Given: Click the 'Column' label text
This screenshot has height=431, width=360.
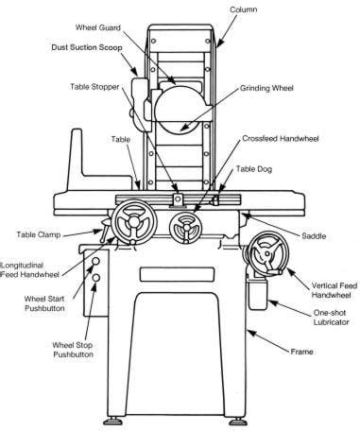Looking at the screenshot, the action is pos(243,9).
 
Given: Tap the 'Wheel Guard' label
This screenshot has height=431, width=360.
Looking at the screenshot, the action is pos(97,27).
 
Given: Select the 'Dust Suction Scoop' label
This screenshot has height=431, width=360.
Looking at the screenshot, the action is pos(87,47).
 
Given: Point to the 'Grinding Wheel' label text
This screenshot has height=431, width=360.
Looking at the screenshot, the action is pos(266,88).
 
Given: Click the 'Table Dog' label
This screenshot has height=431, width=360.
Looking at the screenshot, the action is pos(254,169).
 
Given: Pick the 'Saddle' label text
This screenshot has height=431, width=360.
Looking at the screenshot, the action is pos(314,235).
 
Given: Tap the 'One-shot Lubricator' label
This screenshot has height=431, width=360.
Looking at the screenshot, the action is pos(331,318).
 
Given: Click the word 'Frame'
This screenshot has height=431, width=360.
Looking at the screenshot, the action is pos(301,352).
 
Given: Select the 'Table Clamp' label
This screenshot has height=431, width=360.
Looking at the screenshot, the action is pos(39,234).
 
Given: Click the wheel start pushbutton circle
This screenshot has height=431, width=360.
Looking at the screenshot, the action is pos(95,261).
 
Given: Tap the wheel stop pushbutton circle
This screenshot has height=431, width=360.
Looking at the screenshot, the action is pos(95,278).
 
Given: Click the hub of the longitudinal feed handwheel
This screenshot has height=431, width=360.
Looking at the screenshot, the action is pos(134,222).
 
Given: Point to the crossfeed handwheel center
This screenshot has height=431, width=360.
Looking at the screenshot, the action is pos(186,228).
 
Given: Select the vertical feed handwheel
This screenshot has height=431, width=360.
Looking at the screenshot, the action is pos(267,254).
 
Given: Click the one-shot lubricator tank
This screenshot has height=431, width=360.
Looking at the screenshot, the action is pos(258,295).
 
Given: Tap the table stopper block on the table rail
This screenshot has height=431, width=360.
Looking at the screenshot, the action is pos(178,200).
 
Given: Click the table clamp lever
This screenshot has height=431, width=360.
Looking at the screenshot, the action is pos(104,232).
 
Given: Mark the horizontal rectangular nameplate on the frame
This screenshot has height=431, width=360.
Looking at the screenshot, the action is pos(178,274).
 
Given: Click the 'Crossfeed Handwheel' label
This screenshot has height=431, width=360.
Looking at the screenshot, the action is pos(281,139).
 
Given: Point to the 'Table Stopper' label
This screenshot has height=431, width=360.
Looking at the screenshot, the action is pos(94,87).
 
